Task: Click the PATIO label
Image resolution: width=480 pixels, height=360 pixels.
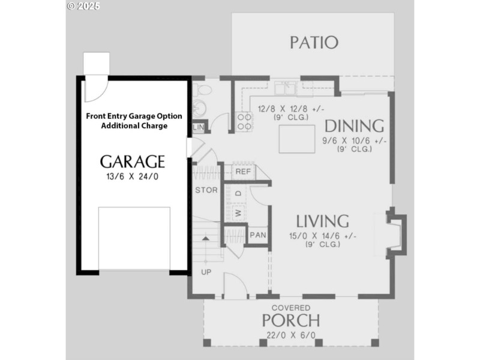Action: point(314,43)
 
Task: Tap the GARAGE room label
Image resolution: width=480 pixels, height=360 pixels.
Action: point(132,161)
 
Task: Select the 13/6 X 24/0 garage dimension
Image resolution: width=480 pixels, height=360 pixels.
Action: point(132,176)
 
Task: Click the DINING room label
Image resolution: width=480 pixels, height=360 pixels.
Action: point(354,126)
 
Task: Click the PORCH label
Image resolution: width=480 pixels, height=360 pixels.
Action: point(290,320)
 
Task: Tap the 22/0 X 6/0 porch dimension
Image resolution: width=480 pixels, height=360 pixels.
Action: point(290,335)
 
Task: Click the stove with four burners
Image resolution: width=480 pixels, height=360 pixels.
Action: point(244,122)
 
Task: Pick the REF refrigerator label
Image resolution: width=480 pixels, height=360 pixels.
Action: point(242,172)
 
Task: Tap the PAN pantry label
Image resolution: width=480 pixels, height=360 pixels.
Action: point(257,235)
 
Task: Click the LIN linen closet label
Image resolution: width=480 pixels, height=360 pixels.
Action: point(198,127)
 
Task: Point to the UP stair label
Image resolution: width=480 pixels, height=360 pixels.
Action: point(206,271)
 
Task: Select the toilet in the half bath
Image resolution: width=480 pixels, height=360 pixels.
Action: point(204,91)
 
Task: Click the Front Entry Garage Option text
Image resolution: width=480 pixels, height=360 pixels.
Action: point(134,116)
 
